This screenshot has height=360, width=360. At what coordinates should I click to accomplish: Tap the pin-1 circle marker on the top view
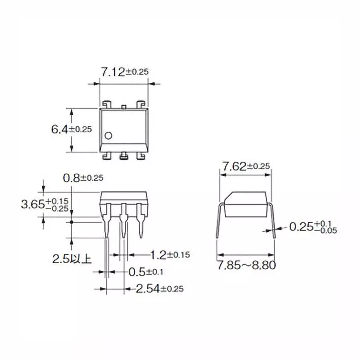(108, 135)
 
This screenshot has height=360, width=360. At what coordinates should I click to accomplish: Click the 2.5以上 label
(72, 259)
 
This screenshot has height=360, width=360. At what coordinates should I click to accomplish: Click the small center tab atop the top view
(124, 106)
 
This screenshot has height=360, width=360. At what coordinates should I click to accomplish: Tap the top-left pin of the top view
(106, 104)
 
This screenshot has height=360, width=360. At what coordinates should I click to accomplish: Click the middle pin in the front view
(124, 222)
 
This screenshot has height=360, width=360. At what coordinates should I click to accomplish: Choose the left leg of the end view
(218, 224)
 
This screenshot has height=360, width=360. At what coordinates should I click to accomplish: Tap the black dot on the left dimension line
(72, 221)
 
